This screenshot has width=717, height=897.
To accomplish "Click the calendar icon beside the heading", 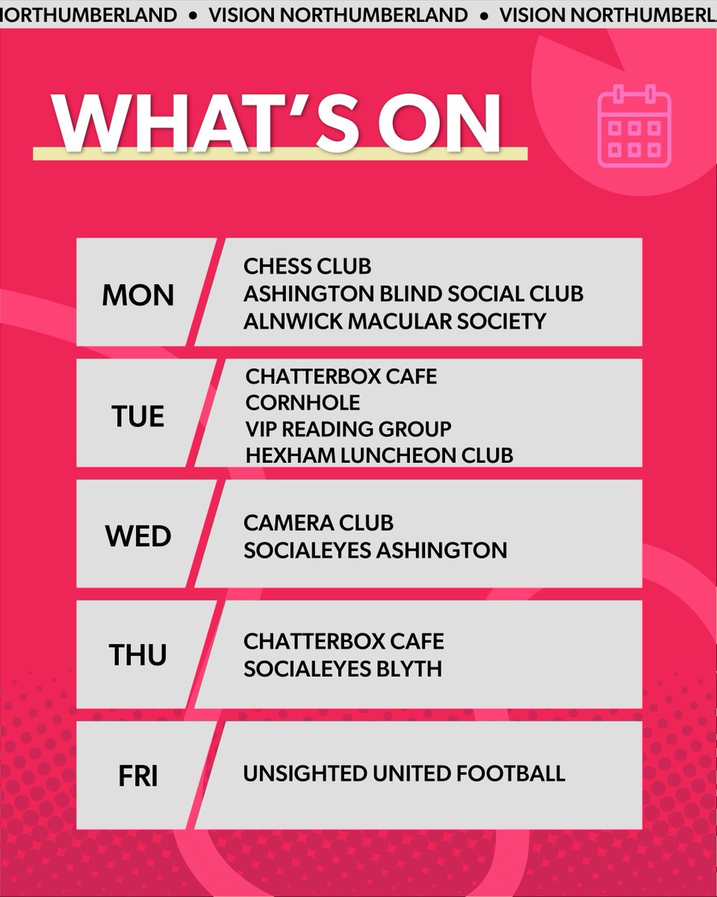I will (635, 126).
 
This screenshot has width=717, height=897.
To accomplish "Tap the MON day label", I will (138, 295).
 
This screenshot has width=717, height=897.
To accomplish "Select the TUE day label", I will (137, 416).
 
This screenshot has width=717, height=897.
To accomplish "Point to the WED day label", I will (138, 536).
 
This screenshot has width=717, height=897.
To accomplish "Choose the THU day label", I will (138, 656).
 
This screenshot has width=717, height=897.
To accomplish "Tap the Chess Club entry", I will (307, 266).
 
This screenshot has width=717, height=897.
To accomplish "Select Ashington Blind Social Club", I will (413, 294).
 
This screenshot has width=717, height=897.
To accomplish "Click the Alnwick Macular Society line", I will (394, 321).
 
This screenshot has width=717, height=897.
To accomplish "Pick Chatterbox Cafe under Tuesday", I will (341, 377).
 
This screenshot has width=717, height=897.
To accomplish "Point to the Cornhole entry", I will (302, 403).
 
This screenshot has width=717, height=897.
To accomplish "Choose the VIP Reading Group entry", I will (348, 429).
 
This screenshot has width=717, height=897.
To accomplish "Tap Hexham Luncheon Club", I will (379, 455).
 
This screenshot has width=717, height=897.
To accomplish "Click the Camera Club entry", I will (318, 523).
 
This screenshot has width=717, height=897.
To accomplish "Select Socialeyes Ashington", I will (375, 550).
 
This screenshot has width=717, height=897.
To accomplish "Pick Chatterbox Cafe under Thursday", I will (344, 641).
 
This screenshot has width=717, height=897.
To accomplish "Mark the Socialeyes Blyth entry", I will (343, 668).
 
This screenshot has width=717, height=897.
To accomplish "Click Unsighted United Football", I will (404, 773).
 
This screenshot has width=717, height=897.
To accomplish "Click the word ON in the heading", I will (437, 123).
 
